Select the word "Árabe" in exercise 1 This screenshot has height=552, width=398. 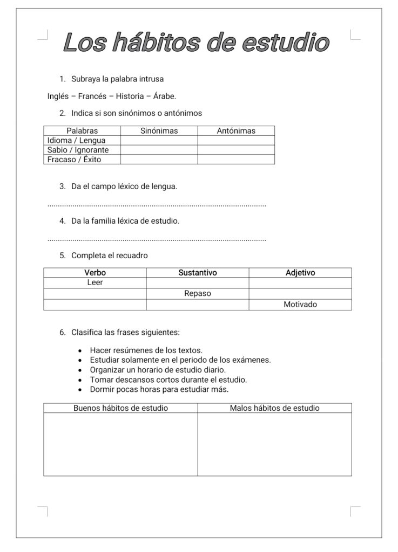164,96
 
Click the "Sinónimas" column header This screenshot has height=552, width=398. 159,131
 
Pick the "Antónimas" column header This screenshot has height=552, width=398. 236,131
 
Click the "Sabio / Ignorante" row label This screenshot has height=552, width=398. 78,150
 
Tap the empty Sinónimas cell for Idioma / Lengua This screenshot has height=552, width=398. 159,141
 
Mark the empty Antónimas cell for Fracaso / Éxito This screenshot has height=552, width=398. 236,160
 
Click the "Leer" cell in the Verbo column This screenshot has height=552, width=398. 95,282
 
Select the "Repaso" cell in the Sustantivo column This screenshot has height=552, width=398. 198,294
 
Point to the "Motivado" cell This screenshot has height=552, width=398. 300,305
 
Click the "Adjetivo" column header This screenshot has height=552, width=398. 300,273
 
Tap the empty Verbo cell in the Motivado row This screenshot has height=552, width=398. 95,305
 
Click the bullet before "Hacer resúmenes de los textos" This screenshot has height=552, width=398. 80,350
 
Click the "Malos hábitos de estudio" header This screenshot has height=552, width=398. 274,408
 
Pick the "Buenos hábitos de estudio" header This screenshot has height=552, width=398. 120,408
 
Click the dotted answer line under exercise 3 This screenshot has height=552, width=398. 157,205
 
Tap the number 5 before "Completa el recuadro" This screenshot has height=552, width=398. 62,256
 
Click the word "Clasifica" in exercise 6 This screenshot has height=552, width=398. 87,332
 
